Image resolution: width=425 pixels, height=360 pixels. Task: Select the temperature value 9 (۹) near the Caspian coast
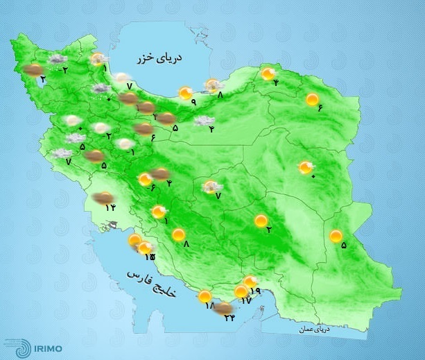pyautogui.click(x=193, y=103)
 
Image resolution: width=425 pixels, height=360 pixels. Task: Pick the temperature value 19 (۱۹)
pyautogui.click(x=254, y=291)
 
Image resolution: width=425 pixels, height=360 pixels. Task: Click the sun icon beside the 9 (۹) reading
pyautogui.click(x=185, y=92)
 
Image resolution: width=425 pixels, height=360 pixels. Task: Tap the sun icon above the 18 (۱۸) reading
pyautogui.click(x=205, y=297)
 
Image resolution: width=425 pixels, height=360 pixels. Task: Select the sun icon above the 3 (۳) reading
pyautogui.click(x=261, y=221)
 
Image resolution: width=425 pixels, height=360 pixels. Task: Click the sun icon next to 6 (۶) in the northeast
pyautogui.click(x=312, y=99)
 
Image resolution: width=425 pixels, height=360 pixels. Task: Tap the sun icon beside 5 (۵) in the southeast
pyautogui.click(x=336, y=237)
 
